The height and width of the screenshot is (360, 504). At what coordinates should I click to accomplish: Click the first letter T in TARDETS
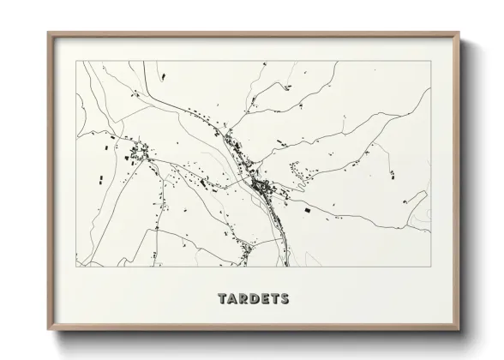pyautogui.click(x=222, y=299)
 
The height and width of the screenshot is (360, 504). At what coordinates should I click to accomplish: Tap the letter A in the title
pyautogui.click(x=232, y=299)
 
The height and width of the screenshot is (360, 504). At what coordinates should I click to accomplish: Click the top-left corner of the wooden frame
pyautogui.click(x=48, y=33)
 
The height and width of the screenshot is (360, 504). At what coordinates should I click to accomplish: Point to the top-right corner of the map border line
pyautogui.click(x=429, y=61)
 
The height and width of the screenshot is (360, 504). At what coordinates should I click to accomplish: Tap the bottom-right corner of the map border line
pyautogui.click(x=429, y=265)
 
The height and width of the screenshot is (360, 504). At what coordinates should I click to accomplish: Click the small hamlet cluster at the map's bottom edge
pyautogui.click(x=246, y=250)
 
